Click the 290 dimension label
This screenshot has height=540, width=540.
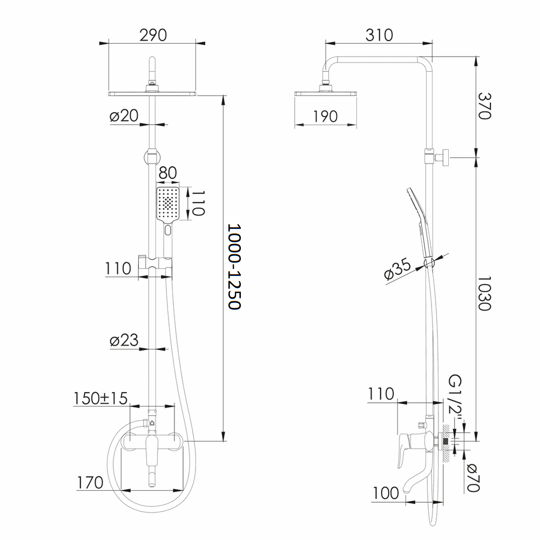point(153,35)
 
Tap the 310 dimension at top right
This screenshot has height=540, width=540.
point(379,35)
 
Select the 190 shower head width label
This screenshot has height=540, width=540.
point(325,117)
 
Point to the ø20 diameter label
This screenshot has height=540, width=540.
point(124,116)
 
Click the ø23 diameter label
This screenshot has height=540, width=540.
point(124,340)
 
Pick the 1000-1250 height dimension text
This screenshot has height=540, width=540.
point(234,267)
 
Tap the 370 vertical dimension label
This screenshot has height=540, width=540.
point(484,106)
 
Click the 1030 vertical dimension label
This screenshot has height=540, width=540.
point(484,293)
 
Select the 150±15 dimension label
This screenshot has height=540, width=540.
point(100,399)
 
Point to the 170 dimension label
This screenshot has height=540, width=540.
point(90,482)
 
